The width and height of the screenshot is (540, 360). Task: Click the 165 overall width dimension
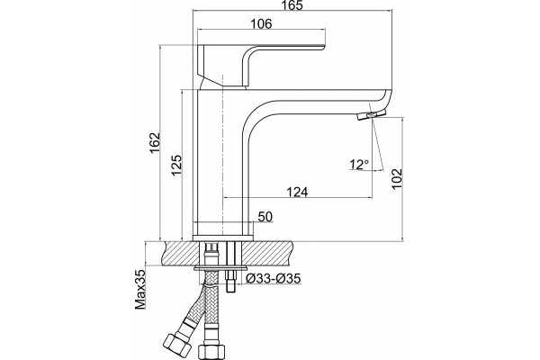292,5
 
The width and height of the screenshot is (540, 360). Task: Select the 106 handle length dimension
261,23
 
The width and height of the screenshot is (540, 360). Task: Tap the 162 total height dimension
155,142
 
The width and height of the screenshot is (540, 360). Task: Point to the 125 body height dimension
176,165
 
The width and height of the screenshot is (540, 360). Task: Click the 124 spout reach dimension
298,192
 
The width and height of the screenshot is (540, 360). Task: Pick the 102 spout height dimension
397,178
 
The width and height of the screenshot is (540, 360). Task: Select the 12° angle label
359,165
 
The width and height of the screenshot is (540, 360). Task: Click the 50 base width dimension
265,217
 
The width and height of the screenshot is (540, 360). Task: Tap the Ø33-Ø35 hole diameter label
274,278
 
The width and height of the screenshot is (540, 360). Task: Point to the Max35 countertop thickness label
140,290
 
